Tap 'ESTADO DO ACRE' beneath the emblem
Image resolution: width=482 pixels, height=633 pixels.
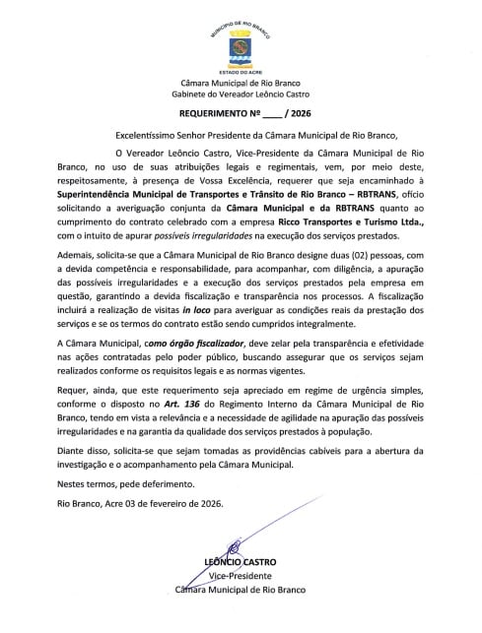click(x=241, y=71)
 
